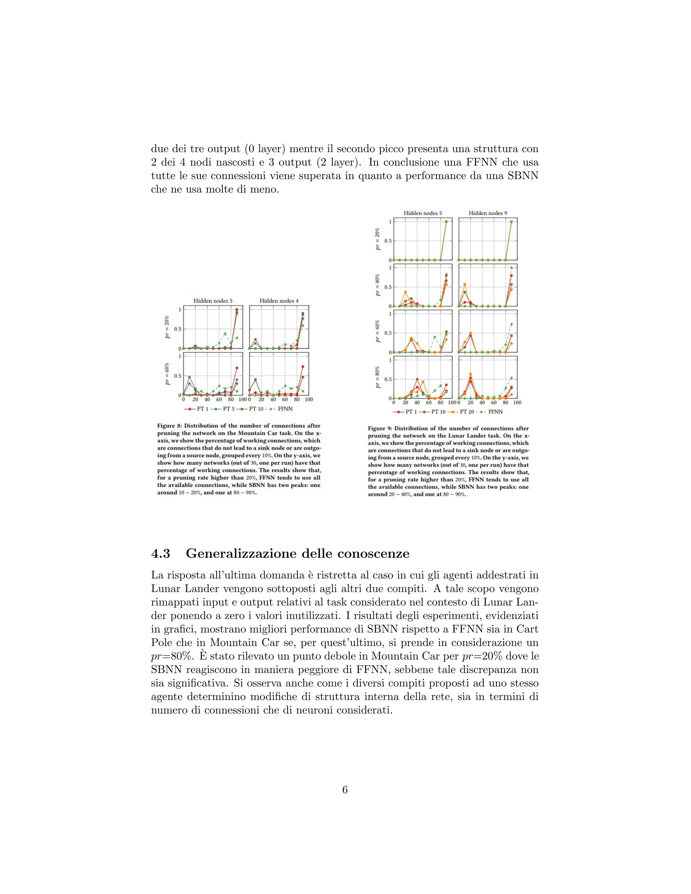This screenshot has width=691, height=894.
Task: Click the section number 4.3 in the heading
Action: tap(161, 553)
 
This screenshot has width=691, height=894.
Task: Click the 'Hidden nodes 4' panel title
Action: tap(279, 301)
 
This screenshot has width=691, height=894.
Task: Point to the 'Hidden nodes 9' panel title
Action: tap(488, 213)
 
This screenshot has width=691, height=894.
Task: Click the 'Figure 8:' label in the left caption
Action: tap(169, 426)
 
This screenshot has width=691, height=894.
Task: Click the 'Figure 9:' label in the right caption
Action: tap(380, 428)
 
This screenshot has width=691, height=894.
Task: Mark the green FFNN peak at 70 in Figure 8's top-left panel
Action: tap(225, 334)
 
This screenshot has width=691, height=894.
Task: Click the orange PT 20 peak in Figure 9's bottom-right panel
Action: tap(470, 374)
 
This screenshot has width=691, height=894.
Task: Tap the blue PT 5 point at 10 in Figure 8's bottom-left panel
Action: tap(189, 384)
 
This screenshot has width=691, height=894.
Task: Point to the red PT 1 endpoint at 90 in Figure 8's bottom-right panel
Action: tap(303, 367)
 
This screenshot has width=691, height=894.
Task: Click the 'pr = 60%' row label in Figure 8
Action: tap(167, 374)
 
